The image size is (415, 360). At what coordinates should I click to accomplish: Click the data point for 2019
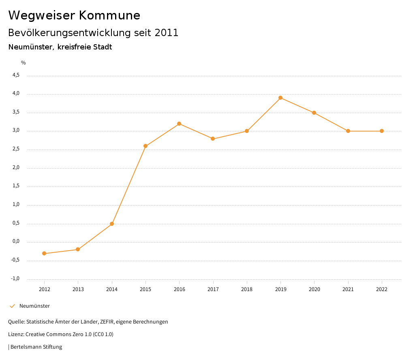click(x=280, y=98)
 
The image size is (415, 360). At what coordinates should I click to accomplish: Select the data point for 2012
click(x=44, y=253)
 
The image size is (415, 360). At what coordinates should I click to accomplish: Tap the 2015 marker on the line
click(x=145, y=146)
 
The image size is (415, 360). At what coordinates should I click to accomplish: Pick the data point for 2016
click(x=179, y=124)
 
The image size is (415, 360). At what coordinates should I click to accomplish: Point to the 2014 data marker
click(x=112, y=224)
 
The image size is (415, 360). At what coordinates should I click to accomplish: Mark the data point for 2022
click(x=382, y=131)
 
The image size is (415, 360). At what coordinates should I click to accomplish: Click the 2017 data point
click(x=213, y=139)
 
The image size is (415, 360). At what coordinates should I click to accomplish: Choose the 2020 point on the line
click(x=314, y=113)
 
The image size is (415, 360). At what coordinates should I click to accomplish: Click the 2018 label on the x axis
click(x=247, y=289)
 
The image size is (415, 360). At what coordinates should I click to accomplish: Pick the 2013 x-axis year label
click(x=78, y=289)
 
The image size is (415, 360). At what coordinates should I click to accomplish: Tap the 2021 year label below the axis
click(x=348, y=289)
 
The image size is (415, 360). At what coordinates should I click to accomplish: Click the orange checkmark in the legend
click(x=12, y=306)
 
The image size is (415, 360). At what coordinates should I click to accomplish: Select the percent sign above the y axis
click(x=24, y=63)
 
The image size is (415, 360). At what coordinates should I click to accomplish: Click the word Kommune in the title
click(x=109, y=15)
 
